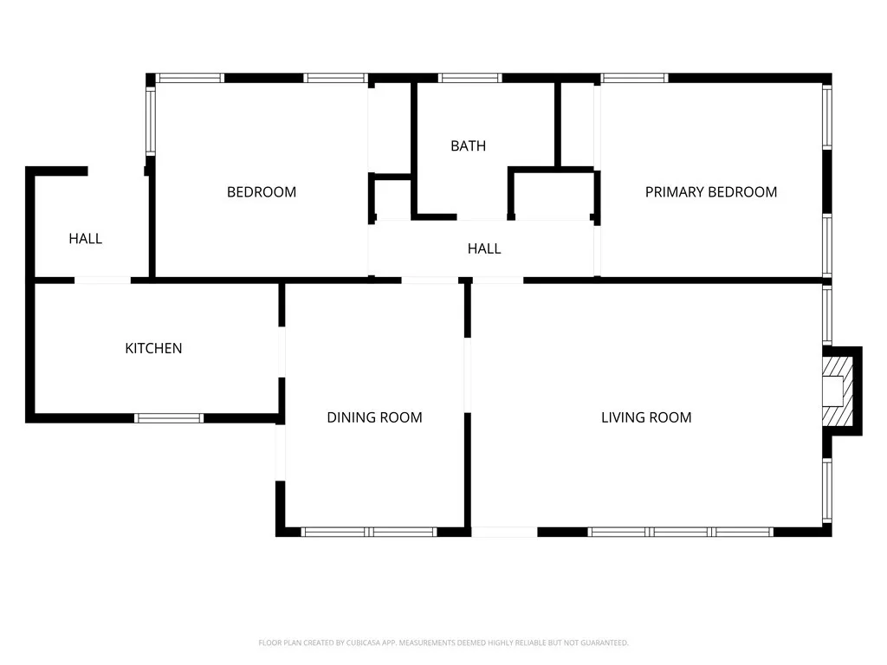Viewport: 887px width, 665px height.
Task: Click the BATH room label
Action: (x=468, y=145)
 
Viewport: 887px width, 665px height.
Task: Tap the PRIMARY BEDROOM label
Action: (x=710, y=191)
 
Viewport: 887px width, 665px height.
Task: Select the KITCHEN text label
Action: (x=153, y=348)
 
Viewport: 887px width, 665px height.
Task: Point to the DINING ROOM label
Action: (x=374, y=417)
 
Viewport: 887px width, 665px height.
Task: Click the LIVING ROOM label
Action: (x=646, y=417)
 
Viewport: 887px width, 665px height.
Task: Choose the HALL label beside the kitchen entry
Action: (x=85, y=238)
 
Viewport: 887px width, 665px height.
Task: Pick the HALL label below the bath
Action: (x=483, y=249)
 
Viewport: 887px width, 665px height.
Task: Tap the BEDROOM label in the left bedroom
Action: (x=261, y=191)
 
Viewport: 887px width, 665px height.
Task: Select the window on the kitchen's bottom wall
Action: (x=169, y=418)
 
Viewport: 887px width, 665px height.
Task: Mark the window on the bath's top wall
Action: (x=469, y=78)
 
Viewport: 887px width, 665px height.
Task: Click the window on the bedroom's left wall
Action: (x=150, y=121)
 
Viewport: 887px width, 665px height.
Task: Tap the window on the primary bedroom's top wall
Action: (x=634, y=78)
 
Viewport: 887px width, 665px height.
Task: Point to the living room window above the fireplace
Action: (x=826, y=316)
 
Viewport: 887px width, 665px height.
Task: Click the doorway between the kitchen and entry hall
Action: (x=102, y=280)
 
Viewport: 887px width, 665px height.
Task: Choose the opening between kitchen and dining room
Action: (x=282, y=352)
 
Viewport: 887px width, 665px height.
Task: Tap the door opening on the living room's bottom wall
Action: (x=504, y=532)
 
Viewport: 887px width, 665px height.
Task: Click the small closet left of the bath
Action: (x=392, y=199)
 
